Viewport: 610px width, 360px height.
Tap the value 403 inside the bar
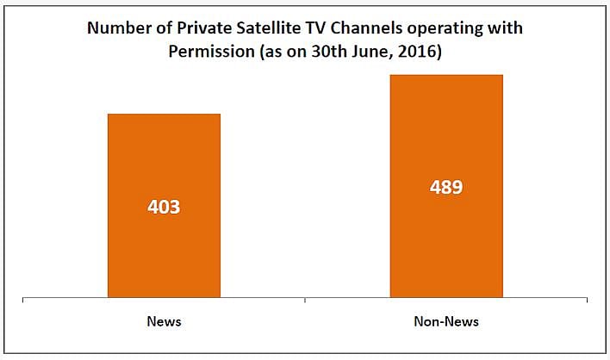[164, 208]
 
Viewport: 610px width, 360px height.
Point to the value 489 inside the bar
[446, 187]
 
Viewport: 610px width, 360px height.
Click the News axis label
[164, 321]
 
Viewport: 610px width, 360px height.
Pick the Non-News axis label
[446, 321]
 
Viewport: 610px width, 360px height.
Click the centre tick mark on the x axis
[305, 301]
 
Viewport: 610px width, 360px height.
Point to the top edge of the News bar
[164, 114]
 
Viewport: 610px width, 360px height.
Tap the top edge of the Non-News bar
[446, 75]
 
